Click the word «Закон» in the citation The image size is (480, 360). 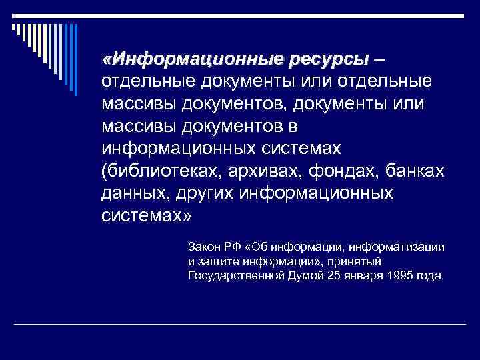coord(203,247)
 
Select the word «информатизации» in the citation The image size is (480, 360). coord(406,247)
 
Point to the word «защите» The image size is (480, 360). coord(216,261)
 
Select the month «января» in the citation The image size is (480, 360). coord(361,275)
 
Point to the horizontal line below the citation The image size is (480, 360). coord(239,324)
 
